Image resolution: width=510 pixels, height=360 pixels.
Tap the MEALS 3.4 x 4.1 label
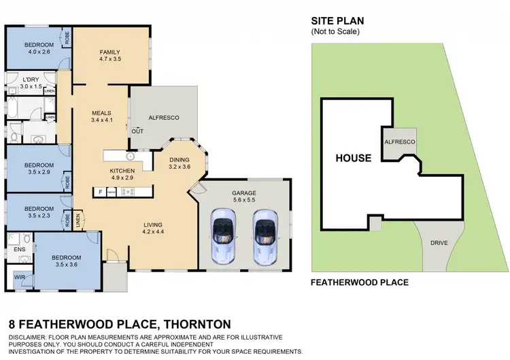[101, 116]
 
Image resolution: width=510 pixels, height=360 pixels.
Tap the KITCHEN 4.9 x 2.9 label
[122, 174]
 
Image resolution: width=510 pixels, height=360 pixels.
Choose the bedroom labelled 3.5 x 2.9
[39, 169]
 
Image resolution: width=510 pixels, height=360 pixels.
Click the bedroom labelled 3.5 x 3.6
[66, 261]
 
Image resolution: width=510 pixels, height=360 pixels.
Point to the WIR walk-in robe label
[19, 278]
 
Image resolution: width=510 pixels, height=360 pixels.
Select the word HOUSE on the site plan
[354, 158]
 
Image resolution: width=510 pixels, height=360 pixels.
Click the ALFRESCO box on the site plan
[400, 142]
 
